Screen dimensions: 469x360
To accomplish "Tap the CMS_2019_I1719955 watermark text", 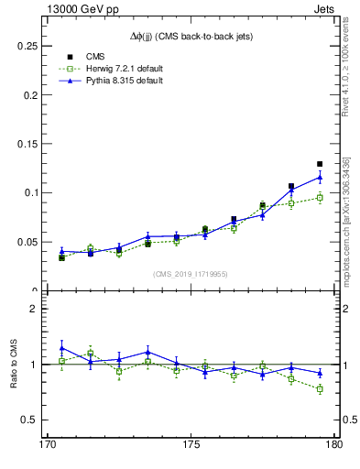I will point(191,274).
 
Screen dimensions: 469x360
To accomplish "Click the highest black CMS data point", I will point(320,164).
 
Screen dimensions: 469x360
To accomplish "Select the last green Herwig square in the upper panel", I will point(320,197).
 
